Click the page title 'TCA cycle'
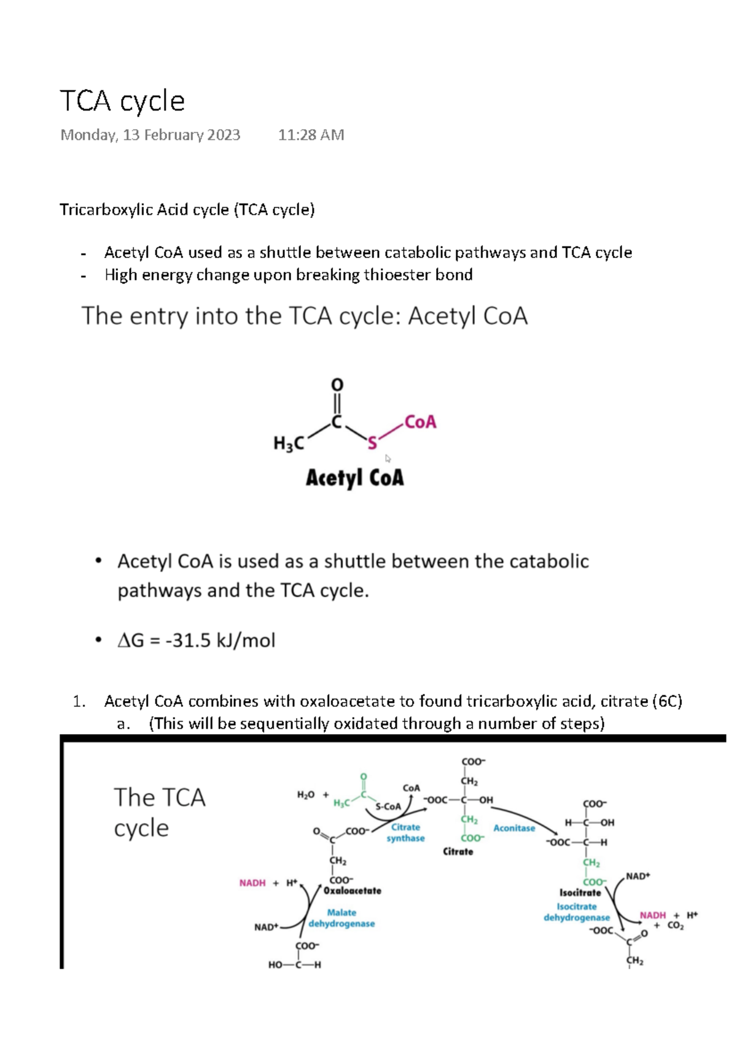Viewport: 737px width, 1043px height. tap(122, 101)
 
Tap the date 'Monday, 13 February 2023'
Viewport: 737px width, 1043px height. tap(150, 135)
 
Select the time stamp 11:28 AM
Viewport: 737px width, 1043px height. tap(311, 135)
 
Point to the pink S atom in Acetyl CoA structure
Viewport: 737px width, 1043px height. tap(372, 443)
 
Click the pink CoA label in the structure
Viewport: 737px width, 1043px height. tap(420, 422)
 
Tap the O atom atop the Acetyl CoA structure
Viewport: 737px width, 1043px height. tap(337, 385)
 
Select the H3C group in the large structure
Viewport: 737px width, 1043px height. tap(289, 443)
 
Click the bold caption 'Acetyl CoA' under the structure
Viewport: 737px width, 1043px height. tap(355, 478)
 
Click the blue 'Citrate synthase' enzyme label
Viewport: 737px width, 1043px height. tap(405, 833)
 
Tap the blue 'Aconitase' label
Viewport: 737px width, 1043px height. tap(514, 828)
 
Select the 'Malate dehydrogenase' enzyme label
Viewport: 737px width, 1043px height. tap(341, 918)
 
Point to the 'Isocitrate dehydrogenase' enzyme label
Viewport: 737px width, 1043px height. tap(577, 912)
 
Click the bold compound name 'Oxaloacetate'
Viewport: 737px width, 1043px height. tap(353, 891)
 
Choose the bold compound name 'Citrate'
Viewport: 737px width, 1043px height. tap(458, 852)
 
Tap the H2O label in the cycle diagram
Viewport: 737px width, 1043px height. tap(306, 795)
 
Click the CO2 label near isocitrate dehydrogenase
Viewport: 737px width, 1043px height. tap(675, 926)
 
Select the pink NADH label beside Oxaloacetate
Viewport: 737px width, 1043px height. tap(252, 883)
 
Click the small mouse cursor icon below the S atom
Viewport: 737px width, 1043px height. tap(388, 458)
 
